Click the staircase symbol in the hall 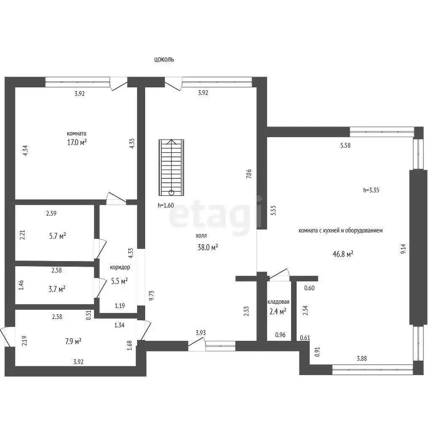171,167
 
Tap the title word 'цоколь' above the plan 164,59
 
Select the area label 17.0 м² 77,142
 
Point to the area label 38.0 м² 208,247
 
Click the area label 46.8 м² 343,254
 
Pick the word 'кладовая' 278,302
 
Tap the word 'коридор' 120,267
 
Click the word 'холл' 201,235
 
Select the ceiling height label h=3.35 371,190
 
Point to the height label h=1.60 166,205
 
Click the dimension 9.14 403,249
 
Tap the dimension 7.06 249,174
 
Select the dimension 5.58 345,145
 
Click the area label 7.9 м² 73,342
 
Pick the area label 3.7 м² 57,289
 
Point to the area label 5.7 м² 57,236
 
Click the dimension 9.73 151,296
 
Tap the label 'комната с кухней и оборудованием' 340,230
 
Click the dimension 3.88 362,359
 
